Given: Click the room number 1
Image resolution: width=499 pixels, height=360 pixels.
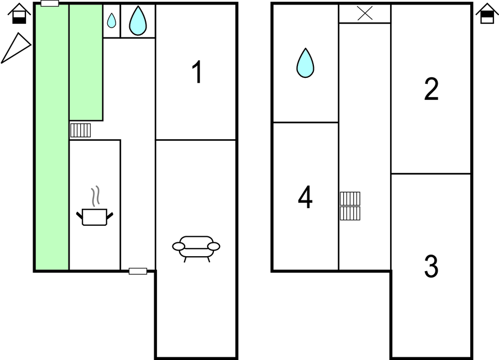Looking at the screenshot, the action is click(x=197, y=72).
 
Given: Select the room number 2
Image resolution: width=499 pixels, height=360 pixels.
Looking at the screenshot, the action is click(x=431, y=89).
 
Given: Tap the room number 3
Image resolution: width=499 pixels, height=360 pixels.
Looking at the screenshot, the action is click(x=431, y=266).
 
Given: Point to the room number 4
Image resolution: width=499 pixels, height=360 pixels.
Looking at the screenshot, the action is click(x=305, y=197).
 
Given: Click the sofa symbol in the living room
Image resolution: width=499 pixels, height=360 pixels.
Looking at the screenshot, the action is click(x=196, y=248).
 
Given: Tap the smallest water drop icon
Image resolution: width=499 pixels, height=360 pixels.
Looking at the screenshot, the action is click(x=112, y=20).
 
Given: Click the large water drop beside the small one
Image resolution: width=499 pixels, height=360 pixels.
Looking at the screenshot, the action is click(x=138, y=20).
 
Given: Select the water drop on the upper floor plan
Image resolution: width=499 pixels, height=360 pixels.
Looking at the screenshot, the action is click(x=305, y=63).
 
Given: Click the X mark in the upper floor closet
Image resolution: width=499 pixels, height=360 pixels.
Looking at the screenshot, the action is click(x=365, y=14).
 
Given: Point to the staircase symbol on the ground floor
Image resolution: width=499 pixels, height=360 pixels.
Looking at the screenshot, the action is click(x=80, y=130).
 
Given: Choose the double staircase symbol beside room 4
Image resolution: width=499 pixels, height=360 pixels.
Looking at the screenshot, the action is click(x=350, y=206).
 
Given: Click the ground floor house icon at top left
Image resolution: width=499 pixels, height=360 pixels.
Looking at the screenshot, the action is click(x=19, y=14).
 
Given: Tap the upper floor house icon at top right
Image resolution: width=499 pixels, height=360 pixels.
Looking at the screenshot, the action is click(x=487, y=14).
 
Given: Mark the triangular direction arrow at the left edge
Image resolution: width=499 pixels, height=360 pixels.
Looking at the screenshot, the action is click(x=16, y=47).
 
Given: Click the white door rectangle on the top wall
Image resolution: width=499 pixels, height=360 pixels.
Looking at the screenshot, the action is click(x=50, y=3).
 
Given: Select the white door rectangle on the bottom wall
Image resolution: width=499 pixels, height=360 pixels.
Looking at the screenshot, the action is click(x=138, y=271).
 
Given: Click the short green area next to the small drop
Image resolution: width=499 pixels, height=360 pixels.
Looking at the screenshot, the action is click(x=86, y=62).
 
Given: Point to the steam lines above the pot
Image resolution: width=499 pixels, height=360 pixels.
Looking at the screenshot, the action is click(x=96, y=196).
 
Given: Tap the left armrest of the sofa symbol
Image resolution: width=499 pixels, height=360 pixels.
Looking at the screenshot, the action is click(x=178, y=246).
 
